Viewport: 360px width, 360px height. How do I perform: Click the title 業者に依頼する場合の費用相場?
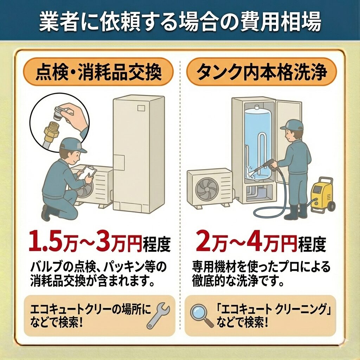click(x=180, y=22)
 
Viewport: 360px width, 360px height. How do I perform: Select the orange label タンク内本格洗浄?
click(x=261, y=72)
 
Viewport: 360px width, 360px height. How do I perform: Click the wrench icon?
click(x=158, y=315)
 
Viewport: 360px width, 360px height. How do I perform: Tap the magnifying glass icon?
click(x=202, y=316)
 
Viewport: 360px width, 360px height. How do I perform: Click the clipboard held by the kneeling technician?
click(x=86, y=173)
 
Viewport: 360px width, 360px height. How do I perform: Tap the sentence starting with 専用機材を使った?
click(x=261, y=274)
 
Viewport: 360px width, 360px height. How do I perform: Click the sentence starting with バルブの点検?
click(x=98, y=274)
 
